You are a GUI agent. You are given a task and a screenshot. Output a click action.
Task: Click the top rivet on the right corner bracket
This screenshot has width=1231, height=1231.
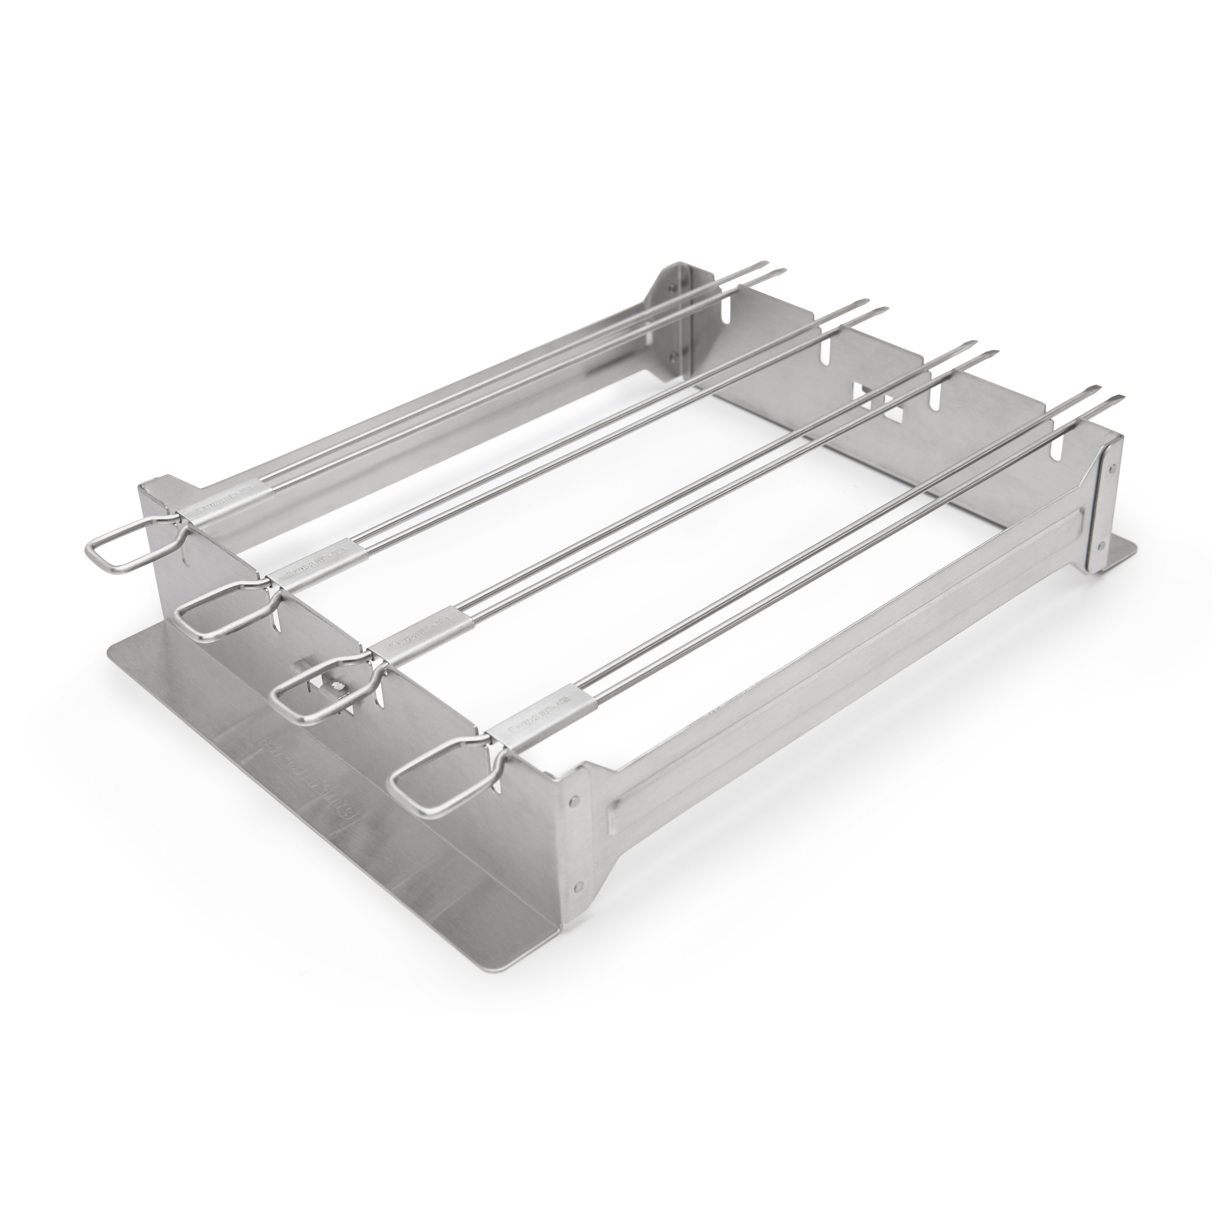(1111, 468)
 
